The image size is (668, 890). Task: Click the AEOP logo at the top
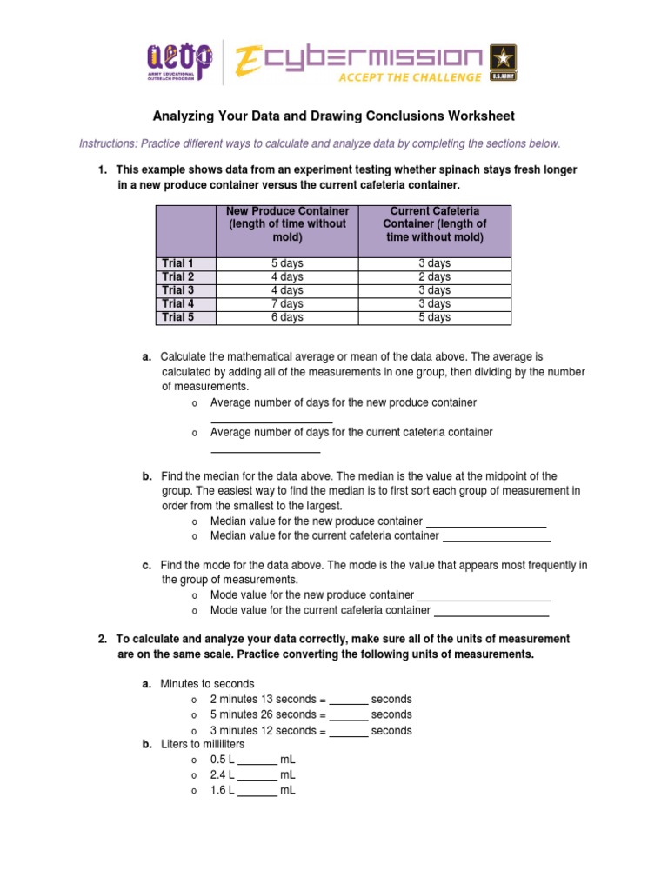point(178,62)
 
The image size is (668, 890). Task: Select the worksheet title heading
point(334,116)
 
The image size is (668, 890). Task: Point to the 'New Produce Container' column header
point(287,224)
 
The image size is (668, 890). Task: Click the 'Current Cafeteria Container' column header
point(435,224)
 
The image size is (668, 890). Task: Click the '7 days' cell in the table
point(287,303)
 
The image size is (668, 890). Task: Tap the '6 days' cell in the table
point(287,317)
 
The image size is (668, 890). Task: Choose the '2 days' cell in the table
point(435,276)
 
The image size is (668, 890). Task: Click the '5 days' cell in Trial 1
point(287,262)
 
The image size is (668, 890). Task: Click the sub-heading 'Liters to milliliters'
point(203,745)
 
